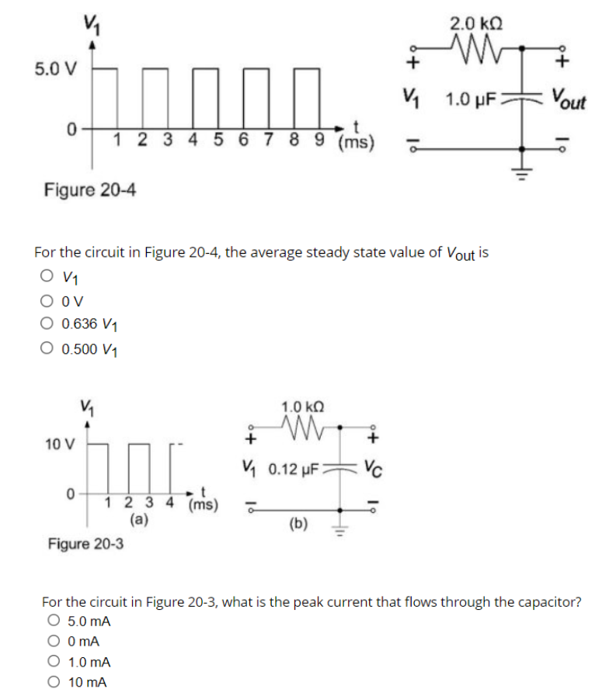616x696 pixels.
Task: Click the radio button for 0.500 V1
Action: [x=50, y=348]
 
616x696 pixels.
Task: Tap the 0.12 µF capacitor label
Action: [x=292, y=469]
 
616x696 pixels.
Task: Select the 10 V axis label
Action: [x=60, y=445]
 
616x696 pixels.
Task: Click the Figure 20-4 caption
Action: [x=90, y=189]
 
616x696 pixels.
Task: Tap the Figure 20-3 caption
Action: [x=85, y=543]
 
